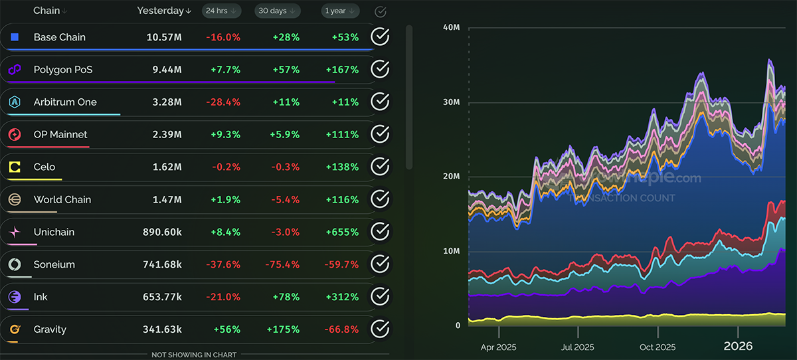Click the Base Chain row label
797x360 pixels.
pyautogui.click(x=59, y=37)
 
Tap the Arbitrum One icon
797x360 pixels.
pyautogui.click(x=15, y=102)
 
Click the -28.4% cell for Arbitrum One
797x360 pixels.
pyautogui.click(x=223, y=102)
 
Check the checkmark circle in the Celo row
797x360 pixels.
pyautogui.click(x=379, y=167)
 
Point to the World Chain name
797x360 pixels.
pyautogui.click(x=62, y=199)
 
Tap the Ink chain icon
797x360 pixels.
pyautogui.click(x=15, y=297)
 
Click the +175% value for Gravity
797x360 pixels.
pyautogui.click(x=283, y=329)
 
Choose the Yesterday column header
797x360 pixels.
pyautogui.click(x=163, y=11)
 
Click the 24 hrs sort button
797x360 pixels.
pyautogui.click(x=222, y=11)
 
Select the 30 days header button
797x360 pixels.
pyautogui.click(x=277, y=11)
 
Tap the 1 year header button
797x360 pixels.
pyautogui.click(x=341, y=11)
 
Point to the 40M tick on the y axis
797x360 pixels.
pyautogui.click(x=452, y=27)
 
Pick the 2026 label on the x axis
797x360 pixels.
pyautogui.click(x=738, y=346)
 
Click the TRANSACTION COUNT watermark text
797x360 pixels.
pyautogui.click(x=622, y=198)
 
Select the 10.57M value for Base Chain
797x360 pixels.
pyautogui.click(x=164, y=37)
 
